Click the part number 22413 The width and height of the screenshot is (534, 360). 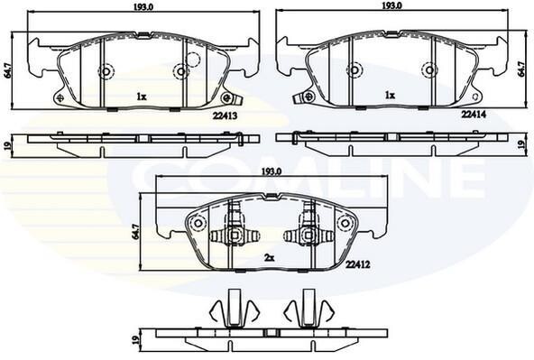(225, 116)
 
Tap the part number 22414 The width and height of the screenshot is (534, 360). (474, 115)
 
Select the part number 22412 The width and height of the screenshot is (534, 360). (357, 264)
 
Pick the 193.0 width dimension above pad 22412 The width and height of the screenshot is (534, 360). (272, 172)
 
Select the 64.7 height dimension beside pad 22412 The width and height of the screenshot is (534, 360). (135, 232)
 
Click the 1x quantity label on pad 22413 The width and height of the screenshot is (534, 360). (142, 97)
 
